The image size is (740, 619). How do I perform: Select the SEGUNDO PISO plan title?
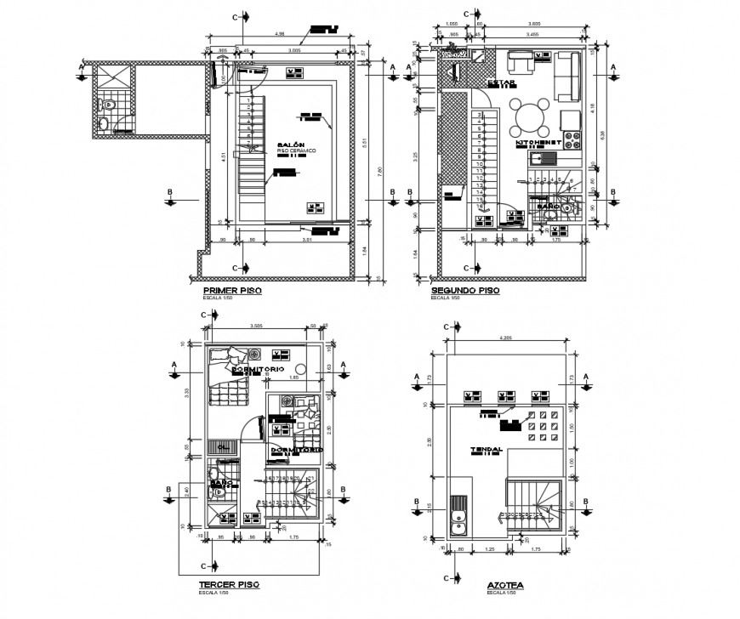464,291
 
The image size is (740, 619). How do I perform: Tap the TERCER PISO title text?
228,585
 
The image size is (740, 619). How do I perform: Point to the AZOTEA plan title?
505,587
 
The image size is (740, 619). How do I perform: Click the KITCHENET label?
542,144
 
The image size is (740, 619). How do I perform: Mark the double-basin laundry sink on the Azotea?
458,514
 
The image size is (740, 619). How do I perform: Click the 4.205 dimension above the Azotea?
505,335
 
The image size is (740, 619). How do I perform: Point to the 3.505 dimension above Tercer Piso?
255,327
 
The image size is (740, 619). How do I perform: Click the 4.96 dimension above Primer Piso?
279,35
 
